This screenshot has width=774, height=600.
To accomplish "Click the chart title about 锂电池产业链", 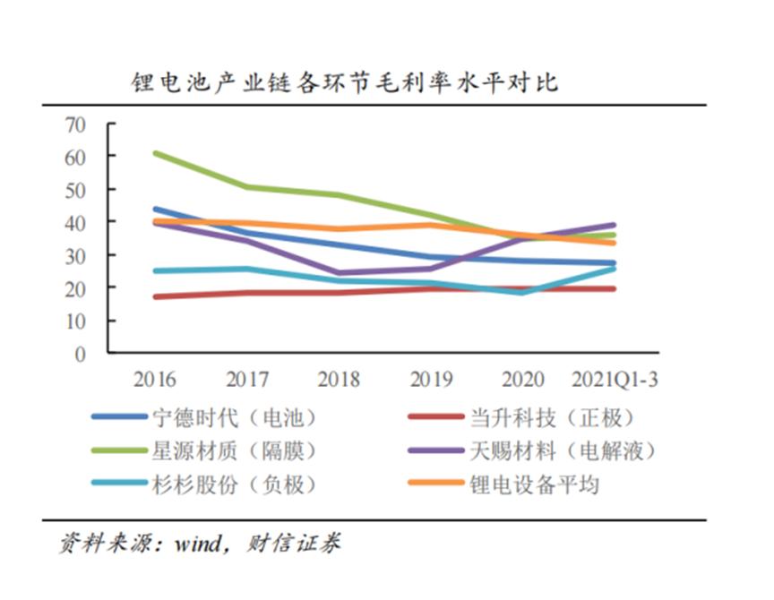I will tap(344, 83).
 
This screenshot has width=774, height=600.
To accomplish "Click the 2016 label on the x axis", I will tap(155, 379).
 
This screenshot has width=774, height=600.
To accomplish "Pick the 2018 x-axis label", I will tap(339, 379).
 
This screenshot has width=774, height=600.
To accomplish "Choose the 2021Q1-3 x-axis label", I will tap(615, 379).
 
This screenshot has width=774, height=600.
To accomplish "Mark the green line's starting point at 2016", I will tap(156, 153).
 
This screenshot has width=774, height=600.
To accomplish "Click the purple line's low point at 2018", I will tap(340, 273).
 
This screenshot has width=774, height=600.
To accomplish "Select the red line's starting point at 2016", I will tap(156, 296).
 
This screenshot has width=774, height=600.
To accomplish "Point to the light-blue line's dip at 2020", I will tap(522, 293).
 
